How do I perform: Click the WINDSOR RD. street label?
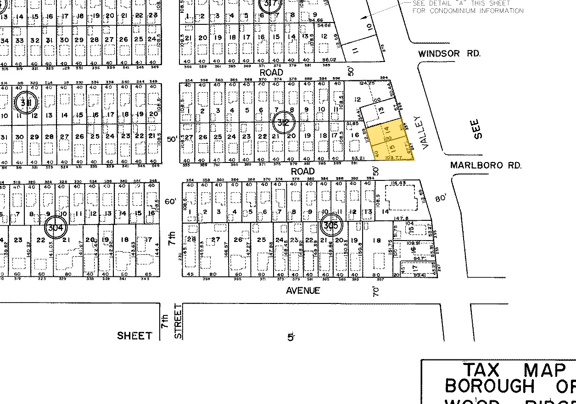449,54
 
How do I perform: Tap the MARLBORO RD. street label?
486,165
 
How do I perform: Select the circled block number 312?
283,123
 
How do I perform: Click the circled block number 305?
330,225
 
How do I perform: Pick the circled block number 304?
56,226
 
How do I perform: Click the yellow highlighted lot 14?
386,130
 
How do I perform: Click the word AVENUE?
303,291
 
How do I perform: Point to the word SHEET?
134,336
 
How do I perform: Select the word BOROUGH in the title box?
490,387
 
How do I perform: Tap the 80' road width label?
441,198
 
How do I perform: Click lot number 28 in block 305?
191,240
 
